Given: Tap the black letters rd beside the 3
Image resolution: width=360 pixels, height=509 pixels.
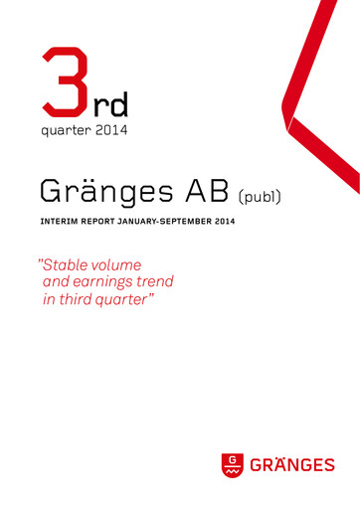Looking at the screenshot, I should click(x=111, y=102).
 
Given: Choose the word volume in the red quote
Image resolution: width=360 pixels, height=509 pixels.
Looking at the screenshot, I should click(x=115, y=265).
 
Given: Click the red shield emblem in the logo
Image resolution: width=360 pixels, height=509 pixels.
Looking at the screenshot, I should click(x=232, y=464).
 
